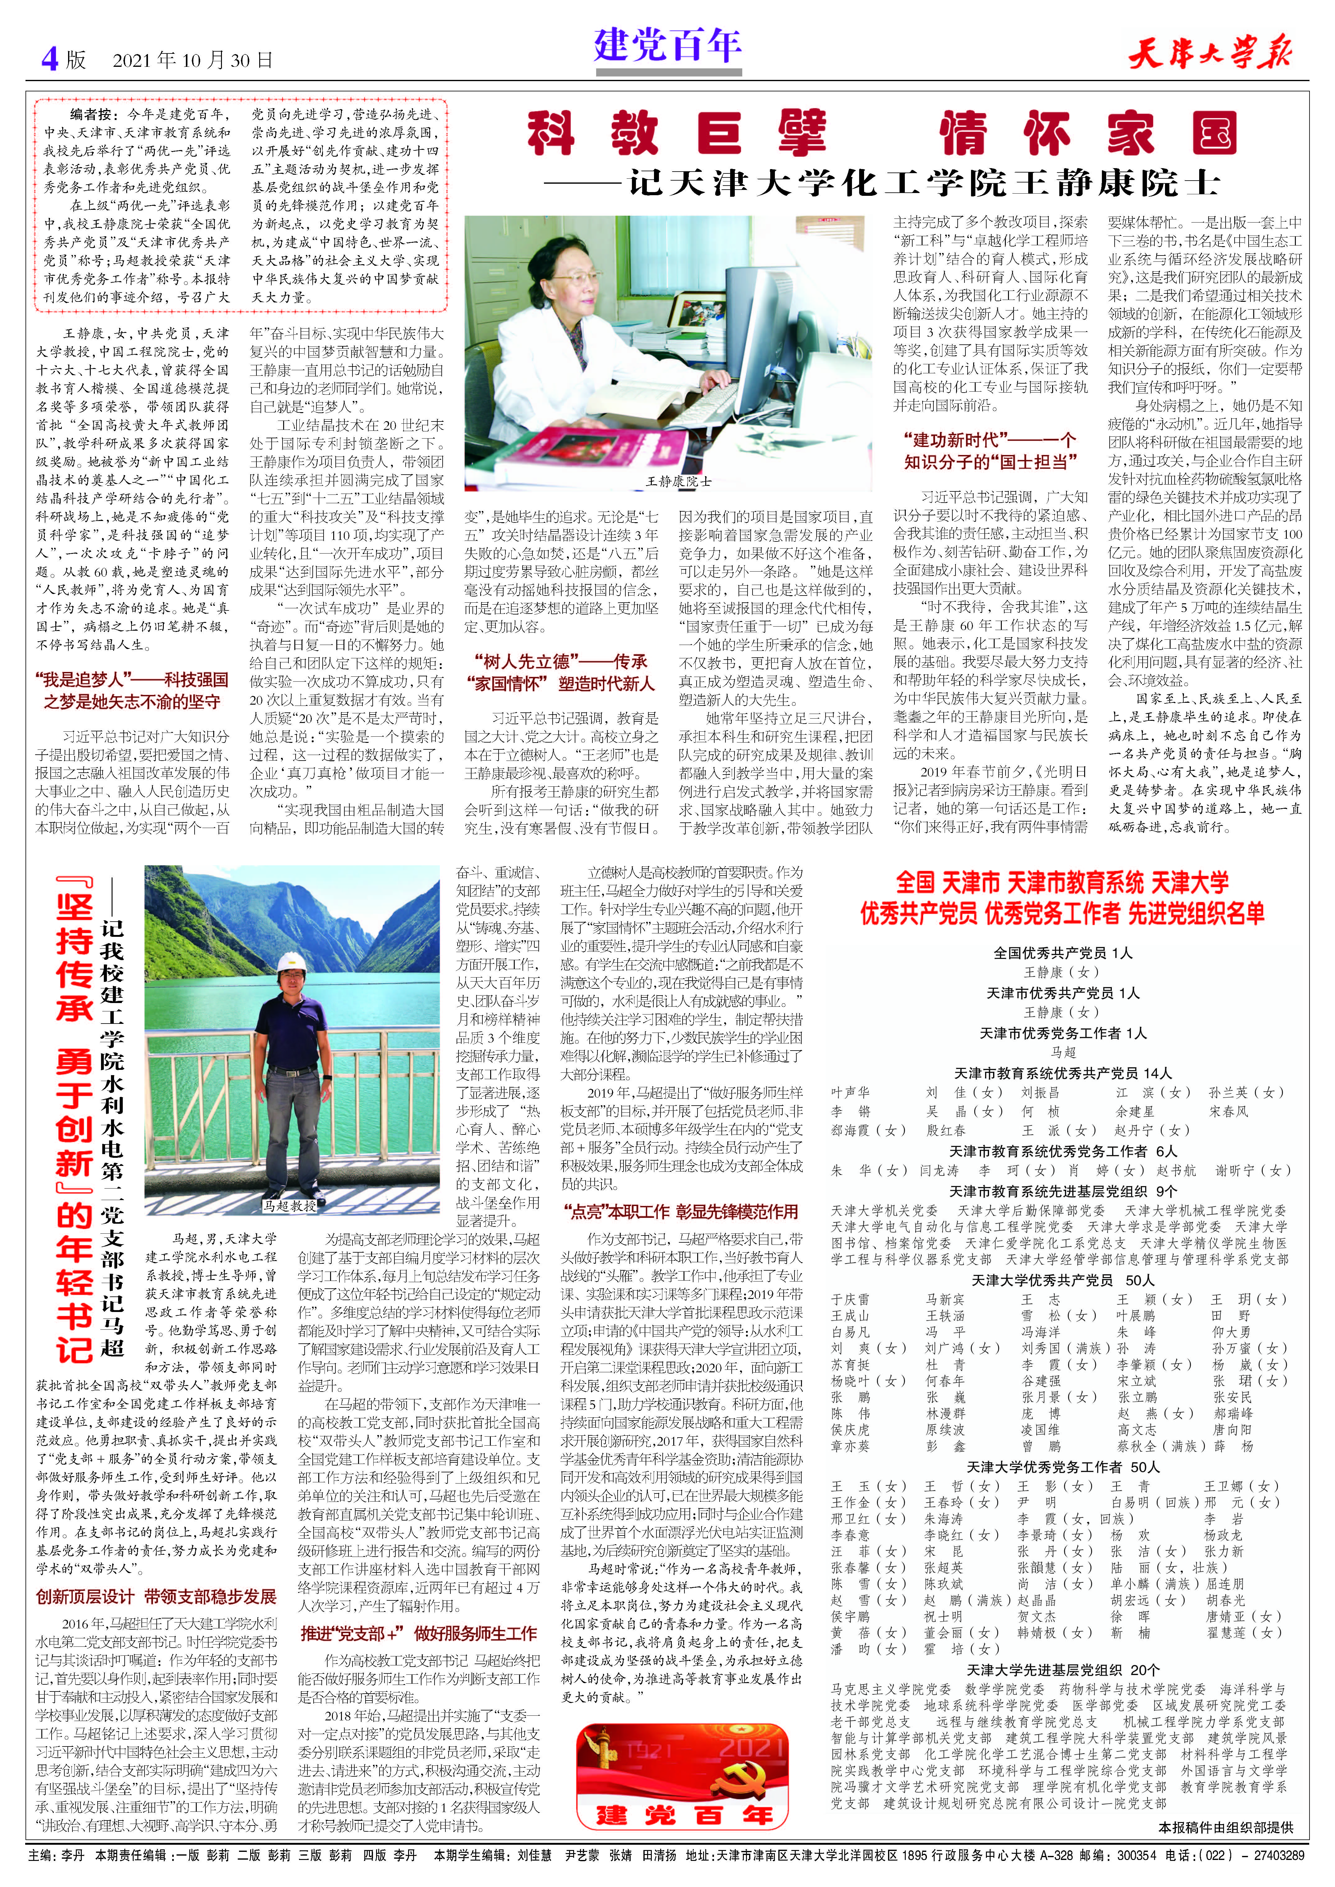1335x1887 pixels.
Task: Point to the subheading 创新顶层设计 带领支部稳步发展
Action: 156,1596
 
